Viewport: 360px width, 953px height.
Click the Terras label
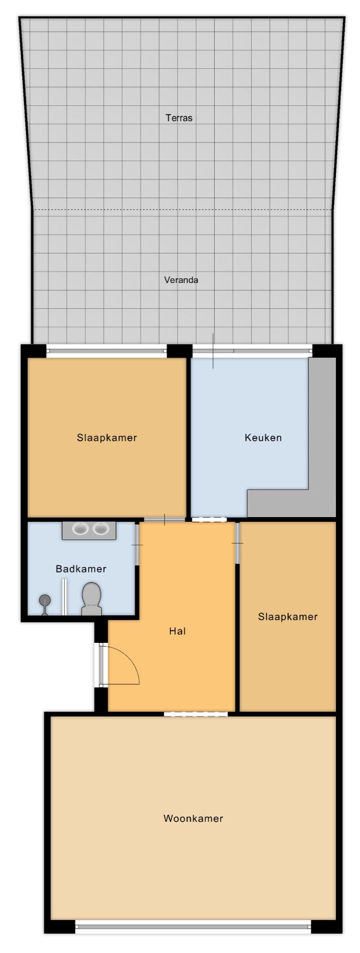(179, 118)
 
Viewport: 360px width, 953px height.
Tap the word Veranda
(181, 280)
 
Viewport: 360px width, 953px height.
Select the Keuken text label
(263, 437)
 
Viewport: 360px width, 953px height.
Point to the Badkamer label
(81, 569)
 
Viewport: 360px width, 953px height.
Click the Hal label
(178, 631)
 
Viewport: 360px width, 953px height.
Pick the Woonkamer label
(193, 818)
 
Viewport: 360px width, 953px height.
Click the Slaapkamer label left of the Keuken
(107, 437)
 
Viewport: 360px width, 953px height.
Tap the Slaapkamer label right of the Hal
(288, 617)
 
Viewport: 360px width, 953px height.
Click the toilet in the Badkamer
(91, 599)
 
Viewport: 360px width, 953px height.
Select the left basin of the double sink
(80, 529)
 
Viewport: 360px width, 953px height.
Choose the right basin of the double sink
(101, 529)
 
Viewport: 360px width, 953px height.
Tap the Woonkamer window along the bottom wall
(193, 921)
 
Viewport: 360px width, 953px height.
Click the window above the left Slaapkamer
(106, 351)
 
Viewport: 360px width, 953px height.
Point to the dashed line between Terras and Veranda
(182, 209)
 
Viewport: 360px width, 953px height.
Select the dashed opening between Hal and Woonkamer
(196, 714)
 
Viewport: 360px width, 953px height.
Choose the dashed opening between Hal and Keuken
(208, 519)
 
